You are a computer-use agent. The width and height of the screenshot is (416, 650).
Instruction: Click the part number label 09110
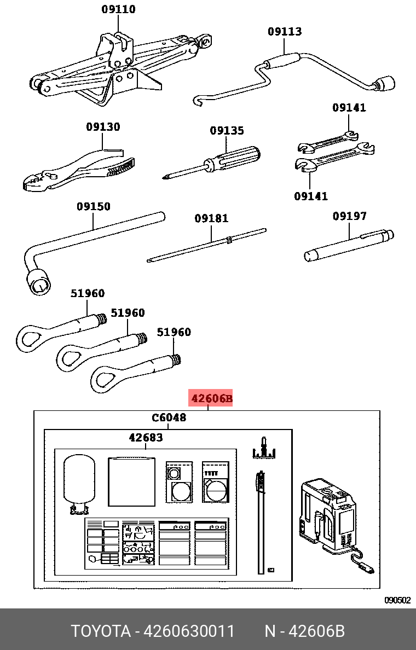118,9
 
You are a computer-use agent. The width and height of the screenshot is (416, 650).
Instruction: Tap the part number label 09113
285,32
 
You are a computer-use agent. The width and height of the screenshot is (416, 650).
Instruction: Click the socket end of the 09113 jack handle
386,83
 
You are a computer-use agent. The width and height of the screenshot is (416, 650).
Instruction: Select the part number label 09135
227,131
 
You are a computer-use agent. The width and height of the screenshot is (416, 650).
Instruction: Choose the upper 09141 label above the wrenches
349,108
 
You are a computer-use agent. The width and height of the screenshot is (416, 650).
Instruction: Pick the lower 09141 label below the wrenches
311,195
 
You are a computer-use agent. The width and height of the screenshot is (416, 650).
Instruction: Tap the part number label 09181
211,218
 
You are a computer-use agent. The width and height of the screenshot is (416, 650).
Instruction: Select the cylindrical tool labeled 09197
348,245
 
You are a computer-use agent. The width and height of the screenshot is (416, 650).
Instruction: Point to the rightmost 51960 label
174,332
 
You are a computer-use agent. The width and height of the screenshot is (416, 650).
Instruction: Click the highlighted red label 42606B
211,398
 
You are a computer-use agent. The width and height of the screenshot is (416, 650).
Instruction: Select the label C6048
169,418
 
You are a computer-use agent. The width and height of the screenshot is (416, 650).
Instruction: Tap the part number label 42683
146,438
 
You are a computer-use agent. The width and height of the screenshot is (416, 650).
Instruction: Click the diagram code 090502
397,600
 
